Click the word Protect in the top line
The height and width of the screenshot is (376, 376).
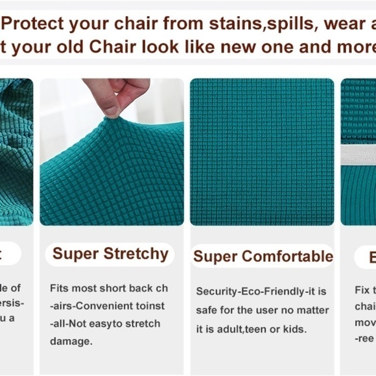point(36,24)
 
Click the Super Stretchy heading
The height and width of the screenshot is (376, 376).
point(110,253)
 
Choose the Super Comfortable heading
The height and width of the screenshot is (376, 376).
point(263,257)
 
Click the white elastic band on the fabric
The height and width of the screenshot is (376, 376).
point(358,154)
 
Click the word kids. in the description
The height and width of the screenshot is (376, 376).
point(295,329)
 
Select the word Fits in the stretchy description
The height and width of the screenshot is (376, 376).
point(60,288)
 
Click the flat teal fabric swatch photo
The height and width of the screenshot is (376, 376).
point(262,152)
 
